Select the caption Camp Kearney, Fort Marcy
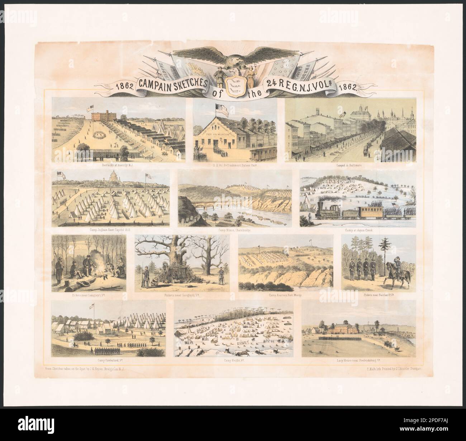tap(286, 296)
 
